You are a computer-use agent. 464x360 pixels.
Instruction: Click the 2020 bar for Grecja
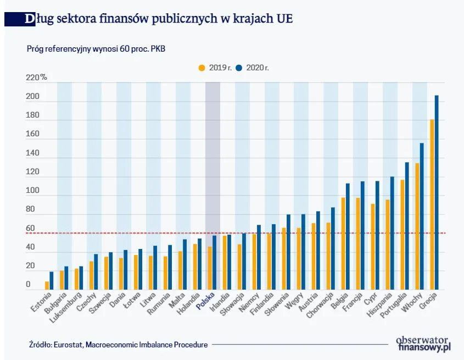[437, 192]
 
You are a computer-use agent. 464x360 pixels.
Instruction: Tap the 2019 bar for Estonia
[47, 285]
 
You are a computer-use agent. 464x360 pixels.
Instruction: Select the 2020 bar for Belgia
[348, 236]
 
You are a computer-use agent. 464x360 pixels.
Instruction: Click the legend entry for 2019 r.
[214, 68]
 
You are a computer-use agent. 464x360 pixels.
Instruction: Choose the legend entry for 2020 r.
[253, 68]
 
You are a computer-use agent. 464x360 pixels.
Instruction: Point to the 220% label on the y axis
[36, 77]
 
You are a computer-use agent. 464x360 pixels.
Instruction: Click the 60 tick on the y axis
[30, 229]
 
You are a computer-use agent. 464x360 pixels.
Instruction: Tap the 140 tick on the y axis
[32, 153]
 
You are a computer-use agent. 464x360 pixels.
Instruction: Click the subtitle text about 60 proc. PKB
[96, 48]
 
